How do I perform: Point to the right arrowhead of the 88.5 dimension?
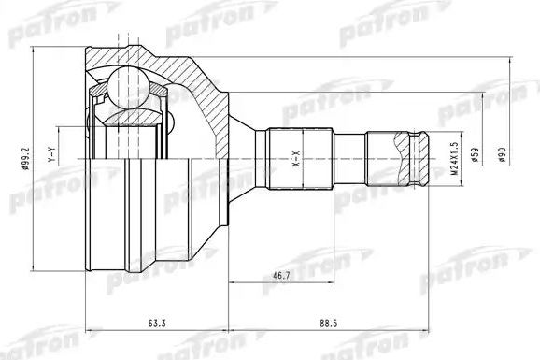coord(425,332)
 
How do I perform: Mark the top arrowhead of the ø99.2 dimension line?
coord(36,47)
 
